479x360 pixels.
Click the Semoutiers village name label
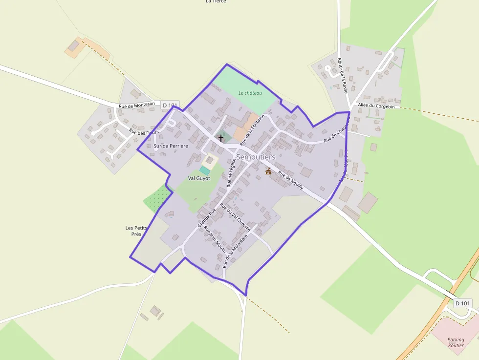click(x=256, y=157)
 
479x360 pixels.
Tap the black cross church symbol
click(x=221, y=139)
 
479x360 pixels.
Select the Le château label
click(x=250, y=93)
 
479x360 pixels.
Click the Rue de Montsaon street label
click(x=137, y=105)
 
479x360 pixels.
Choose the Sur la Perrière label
click(x=171, y=146)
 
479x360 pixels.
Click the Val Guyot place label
click(x=199, y=178)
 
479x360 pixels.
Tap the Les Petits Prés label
click(x=136, y=231)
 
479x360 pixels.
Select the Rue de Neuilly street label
click(x=291, y=180)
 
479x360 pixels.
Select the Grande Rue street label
click(x=207, y=217)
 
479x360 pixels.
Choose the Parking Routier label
click(x=456, y=342)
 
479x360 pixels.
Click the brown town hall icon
click(x=268, y=171)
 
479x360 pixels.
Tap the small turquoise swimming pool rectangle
click(x=204, y=170)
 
